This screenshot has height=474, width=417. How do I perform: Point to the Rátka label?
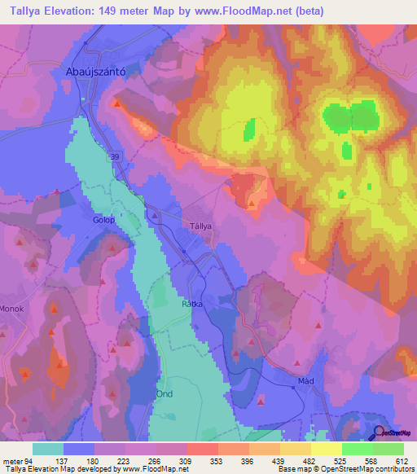(x=191, y=304)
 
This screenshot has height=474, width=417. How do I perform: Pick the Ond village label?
(x=164, y=393)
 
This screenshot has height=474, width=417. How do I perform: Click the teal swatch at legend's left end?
(x=48, y=449)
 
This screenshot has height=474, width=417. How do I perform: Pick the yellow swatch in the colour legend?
(x=326, y=449)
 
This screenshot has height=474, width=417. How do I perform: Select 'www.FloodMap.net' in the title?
(x=255, y=11)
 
